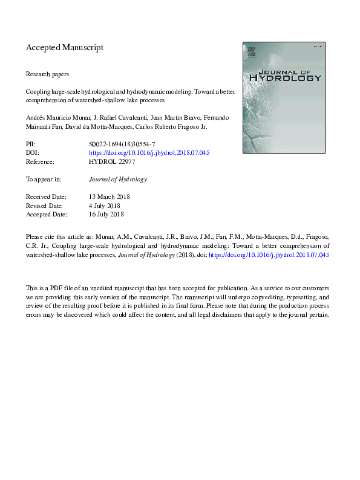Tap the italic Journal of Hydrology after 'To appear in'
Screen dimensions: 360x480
point(118,180)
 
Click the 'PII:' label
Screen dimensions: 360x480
point(31,145)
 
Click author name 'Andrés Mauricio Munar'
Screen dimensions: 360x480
point(57,117)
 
